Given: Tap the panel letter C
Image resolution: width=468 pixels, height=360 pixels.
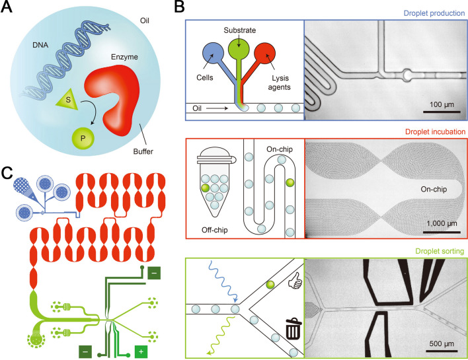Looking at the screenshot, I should (9, 173).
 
